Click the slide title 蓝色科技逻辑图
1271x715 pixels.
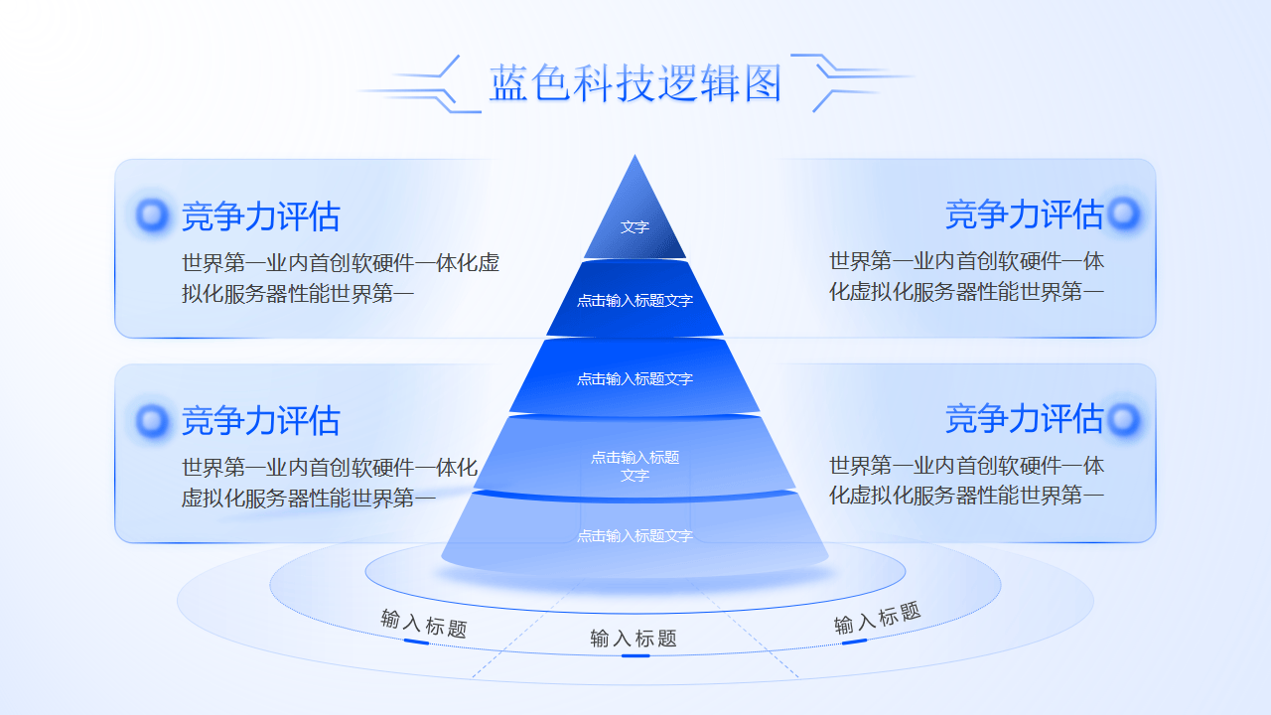pyautogui.click(x=635, y=83)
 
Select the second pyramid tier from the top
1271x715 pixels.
pyautogui.click(x=635, y=300)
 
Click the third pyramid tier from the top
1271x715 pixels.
pyautogui.click(x=635, y=378)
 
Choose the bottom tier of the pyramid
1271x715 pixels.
pyautogui.click(x=635, y=536)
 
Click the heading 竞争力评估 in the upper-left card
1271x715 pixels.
pyautogui.click(x=260, y=216)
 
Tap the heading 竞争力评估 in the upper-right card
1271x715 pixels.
pyautogui.click(x=1024, y=214)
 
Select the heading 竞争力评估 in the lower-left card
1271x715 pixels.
pyautogui.click(x=260, y=421)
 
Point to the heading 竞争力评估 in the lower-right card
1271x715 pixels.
pyautogui.click(x=1024, y=419)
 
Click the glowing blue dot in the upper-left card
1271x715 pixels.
pyautogui.click(x=153, y=214)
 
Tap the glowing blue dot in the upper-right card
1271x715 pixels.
pyautogui.click(x=1123, y=213)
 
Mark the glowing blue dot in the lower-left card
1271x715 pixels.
pyautogui.click(x=153, y=420)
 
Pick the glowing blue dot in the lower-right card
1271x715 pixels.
pyautogui.click(x=1123, y=419)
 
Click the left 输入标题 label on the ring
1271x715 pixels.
pyautogui.click(x=424, y=624)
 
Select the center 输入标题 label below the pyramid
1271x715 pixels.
pyautogui.click(x=634, y=639)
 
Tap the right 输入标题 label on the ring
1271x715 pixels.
pyautogui.click(x=877, y=619)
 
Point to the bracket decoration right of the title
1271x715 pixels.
pyautogui.click(x=852, y=80)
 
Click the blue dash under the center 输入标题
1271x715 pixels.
pyautogui.click(x=635, y=655)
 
